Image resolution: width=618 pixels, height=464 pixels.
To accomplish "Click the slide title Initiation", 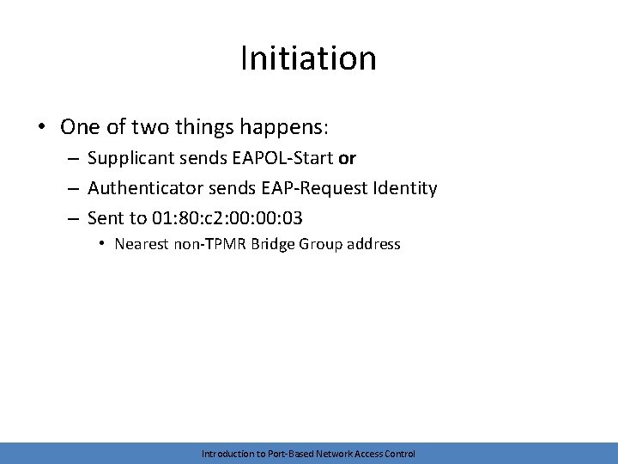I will click(308, 58).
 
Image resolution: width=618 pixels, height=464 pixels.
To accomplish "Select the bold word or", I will click(348, 159).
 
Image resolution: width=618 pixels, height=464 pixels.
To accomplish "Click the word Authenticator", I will click(143, 188).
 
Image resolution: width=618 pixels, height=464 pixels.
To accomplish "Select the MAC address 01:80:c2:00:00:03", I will click(227, 217).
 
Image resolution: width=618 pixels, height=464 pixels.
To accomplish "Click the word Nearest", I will click(142, 244).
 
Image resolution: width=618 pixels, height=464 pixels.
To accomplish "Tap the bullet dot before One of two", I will click(42, 128).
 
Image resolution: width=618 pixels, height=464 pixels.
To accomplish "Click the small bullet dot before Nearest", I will click(102, 244).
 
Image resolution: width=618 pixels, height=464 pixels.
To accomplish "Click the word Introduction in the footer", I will click(227, 454).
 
